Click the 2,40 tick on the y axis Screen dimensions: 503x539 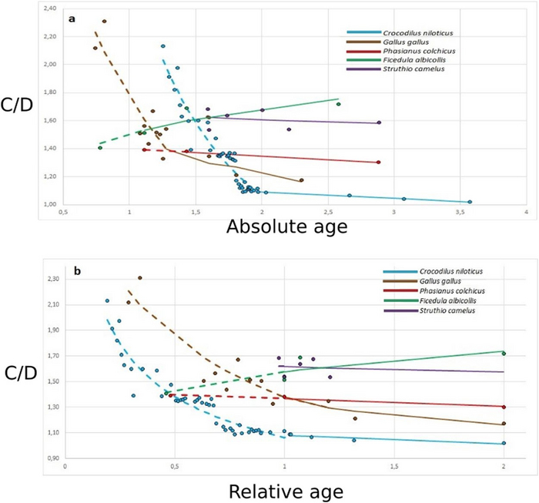pyautogui.click(x=47, y=8)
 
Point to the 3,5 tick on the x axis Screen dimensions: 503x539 pyautogui.click(x=460, y=211)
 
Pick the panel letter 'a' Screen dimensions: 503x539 pyautogui.click(x=72, y=18)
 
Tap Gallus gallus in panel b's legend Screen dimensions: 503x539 pyautogui.click(x=438, y=281)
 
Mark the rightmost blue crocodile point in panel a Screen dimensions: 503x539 pyautogui.click(x=470, y=202)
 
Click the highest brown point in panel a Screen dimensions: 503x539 pyautogui.click(x=104, y=22)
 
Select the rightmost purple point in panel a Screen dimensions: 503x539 pyautogui.click(x=379, y=122)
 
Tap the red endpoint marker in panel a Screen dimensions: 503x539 pyautogui.click(x=378, y=162)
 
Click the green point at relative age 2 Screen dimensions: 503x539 pyautogui.click(x=504, y=354)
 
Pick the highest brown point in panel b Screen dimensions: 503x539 pyautogui.click(x=140, y=278)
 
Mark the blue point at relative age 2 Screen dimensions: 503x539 pyautogui.click(x=504, y=443)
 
